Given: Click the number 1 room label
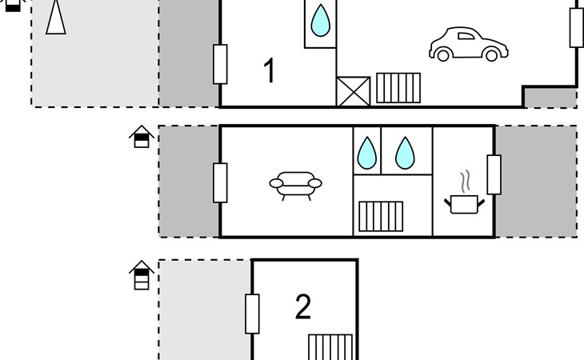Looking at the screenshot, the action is click(270, 70).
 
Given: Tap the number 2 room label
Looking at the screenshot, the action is click(303, 306).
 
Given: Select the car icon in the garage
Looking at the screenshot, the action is click(469, 44).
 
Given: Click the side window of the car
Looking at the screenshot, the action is click(466, 36).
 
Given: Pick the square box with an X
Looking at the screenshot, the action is click(353, 91).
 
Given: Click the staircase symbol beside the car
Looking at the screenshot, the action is click(398, 88).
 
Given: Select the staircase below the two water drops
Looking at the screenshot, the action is click(381, 216).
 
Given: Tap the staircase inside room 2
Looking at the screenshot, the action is click(330, 347).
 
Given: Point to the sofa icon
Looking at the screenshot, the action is click(296, 186).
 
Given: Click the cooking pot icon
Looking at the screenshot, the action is click(464, 204).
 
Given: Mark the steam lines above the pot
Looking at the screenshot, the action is click(465, 182).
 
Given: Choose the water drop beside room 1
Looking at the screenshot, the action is click(320, 21).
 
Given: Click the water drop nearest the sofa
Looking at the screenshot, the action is click(367, 153).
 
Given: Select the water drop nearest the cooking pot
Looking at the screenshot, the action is click(405, 153).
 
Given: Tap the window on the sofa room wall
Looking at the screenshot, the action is click(220, 182).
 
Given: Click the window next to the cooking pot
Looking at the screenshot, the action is click(494, 174).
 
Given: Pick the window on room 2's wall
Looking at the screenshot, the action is click(252, 314).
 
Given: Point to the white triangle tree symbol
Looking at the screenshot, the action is click(56, 17).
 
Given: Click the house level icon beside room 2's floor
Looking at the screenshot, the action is click(142, 275).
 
